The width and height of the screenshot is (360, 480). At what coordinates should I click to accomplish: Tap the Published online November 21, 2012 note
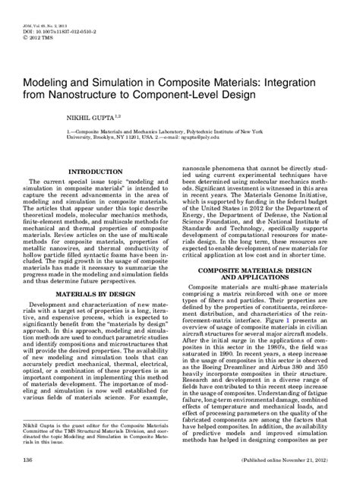point(294,461)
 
